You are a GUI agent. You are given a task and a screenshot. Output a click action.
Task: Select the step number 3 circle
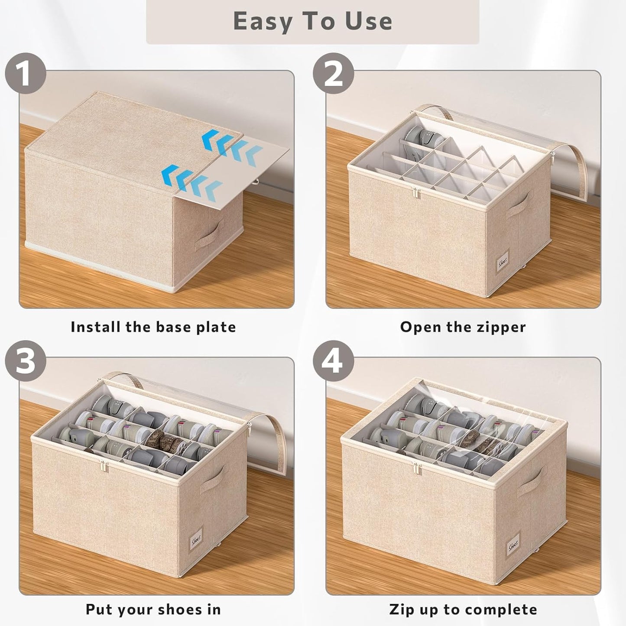[x=26, y=360]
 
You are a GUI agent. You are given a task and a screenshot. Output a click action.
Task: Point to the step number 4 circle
[x=333, y=360]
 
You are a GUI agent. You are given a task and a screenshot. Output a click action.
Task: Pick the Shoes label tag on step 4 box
[x=513, y=546]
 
